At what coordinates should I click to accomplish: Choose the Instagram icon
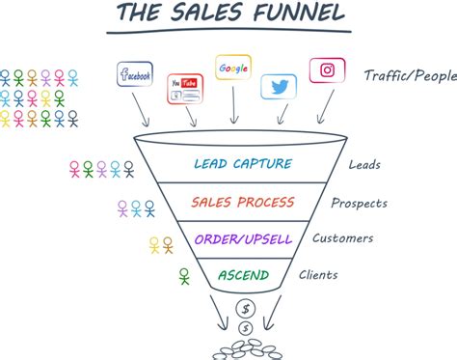(327, 71)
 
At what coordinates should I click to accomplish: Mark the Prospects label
(360, 204)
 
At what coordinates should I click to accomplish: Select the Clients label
(317, 276)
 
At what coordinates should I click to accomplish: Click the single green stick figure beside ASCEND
(184, 278)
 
